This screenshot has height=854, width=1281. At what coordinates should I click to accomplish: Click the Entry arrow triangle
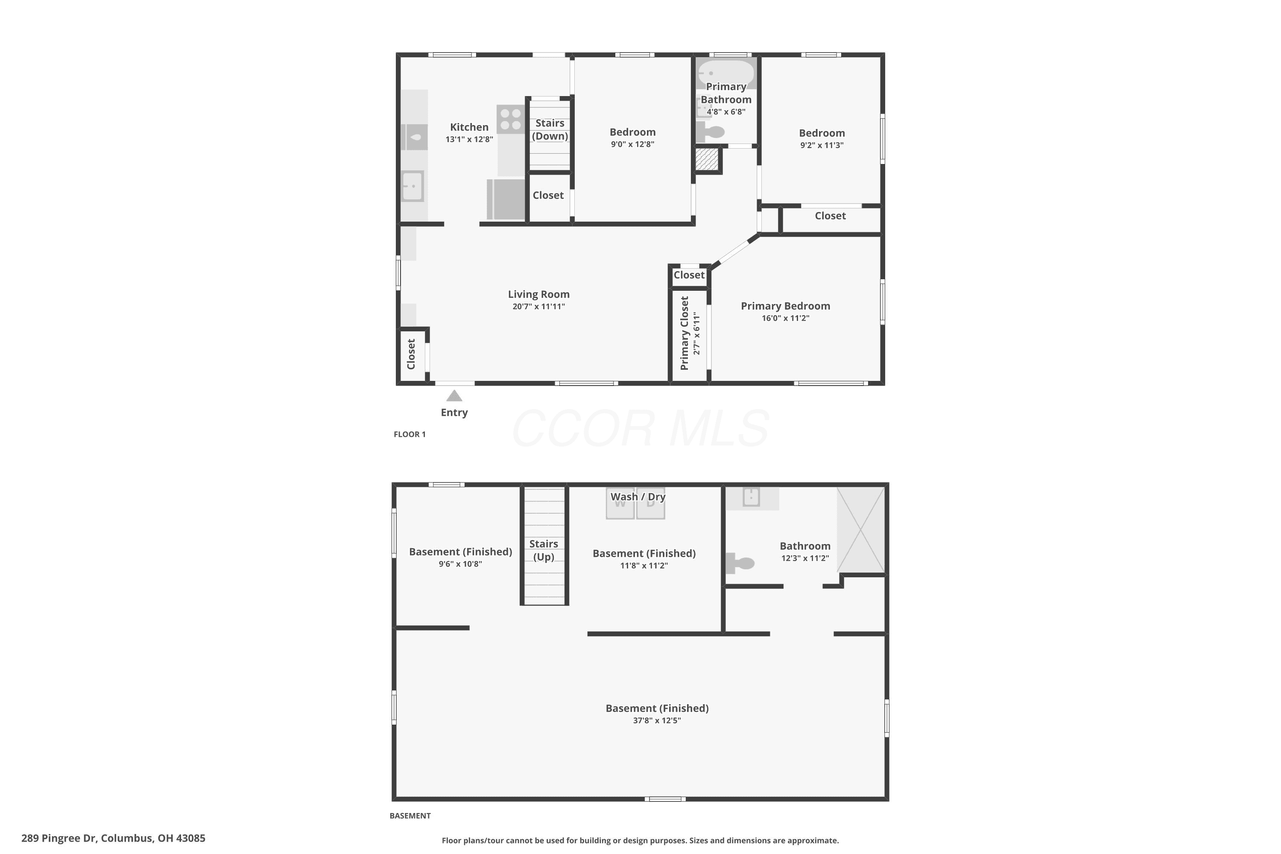point(454,395)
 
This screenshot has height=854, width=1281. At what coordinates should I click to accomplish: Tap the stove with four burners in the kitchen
point(510,119)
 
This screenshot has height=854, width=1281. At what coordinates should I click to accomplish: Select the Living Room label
point(538,294)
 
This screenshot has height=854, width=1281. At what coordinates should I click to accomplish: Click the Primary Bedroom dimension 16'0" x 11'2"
point(785,318)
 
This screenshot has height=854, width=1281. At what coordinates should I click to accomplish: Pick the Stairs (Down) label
point(550,130)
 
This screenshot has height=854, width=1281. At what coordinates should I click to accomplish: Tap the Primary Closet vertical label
point(684,333)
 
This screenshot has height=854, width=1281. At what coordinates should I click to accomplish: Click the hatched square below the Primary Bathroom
point(707,160)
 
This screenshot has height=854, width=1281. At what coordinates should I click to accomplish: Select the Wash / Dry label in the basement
point(638,497)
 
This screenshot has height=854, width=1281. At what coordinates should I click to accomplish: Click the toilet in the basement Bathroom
point(740,563)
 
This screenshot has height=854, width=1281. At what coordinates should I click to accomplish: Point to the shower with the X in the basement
point(860,529)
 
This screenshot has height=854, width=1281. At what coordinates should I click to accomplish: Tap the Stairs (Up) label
point(544,550)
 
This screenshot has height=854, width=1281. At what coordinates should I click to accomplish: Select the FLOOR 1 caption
point(409,434)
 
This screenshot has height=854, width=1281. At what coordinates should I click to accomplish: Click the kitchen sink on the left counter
point(412,186)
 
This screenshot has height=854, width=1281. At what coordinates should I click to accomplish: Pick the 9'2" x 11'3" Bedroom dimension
point(822,145)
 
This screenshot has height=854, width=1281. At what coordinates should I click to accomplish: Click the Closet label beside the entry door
point(411,354)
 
